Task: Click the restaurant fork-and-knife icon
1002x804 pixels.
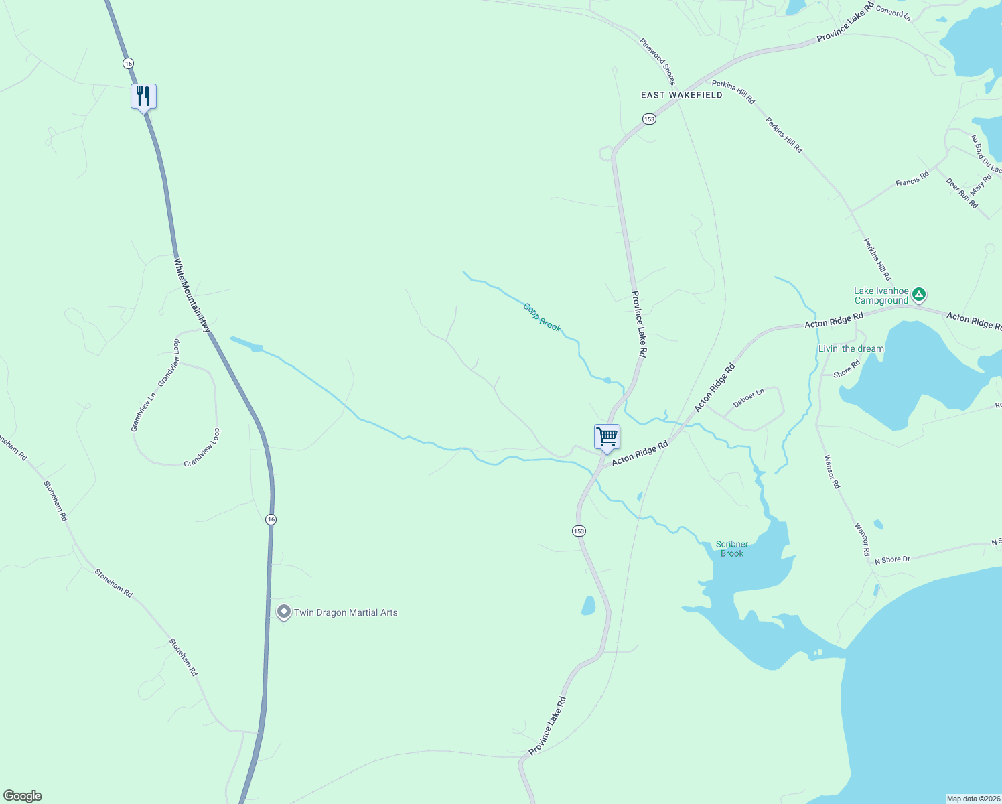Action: click(143, 96)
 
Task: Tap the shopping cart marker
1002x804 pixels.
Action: click(607, 437)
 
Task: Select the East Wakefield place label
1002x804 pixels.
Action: click(681, 95)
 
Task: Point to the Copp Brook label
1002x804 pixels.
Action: click(542, 318)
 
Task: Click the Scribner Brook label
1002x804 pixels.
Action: click(731, 549)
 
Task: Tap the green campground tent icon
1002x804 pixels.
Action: click(920, 294)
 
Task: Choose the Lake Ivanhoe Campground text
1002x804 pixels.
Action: click(881, 295)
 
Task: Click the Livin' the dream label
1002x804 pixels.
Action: click(851, 348)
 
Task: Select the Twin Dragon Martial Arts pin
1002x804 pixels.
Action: click(284, 612)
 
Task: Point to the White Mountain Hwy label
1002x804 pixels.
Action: click(192, 295)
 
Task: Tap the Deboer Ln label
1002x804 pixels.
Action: click(748, 398)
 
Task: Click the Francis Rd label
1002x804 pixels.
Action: click(912, 179)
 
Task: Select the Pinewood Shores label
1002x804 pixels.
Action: click(657, 61)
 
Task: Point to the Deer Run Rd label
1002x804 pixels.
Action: click(962, 193)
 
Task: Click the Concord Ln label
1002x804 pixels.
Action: click(893, 12)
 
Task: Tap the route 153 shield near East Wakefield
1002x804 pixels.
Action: click(648, 119)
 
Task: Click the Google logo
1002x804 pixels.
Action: click(23, 796)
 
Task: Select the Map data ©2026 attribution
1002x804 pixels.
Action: click(973, 799)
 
